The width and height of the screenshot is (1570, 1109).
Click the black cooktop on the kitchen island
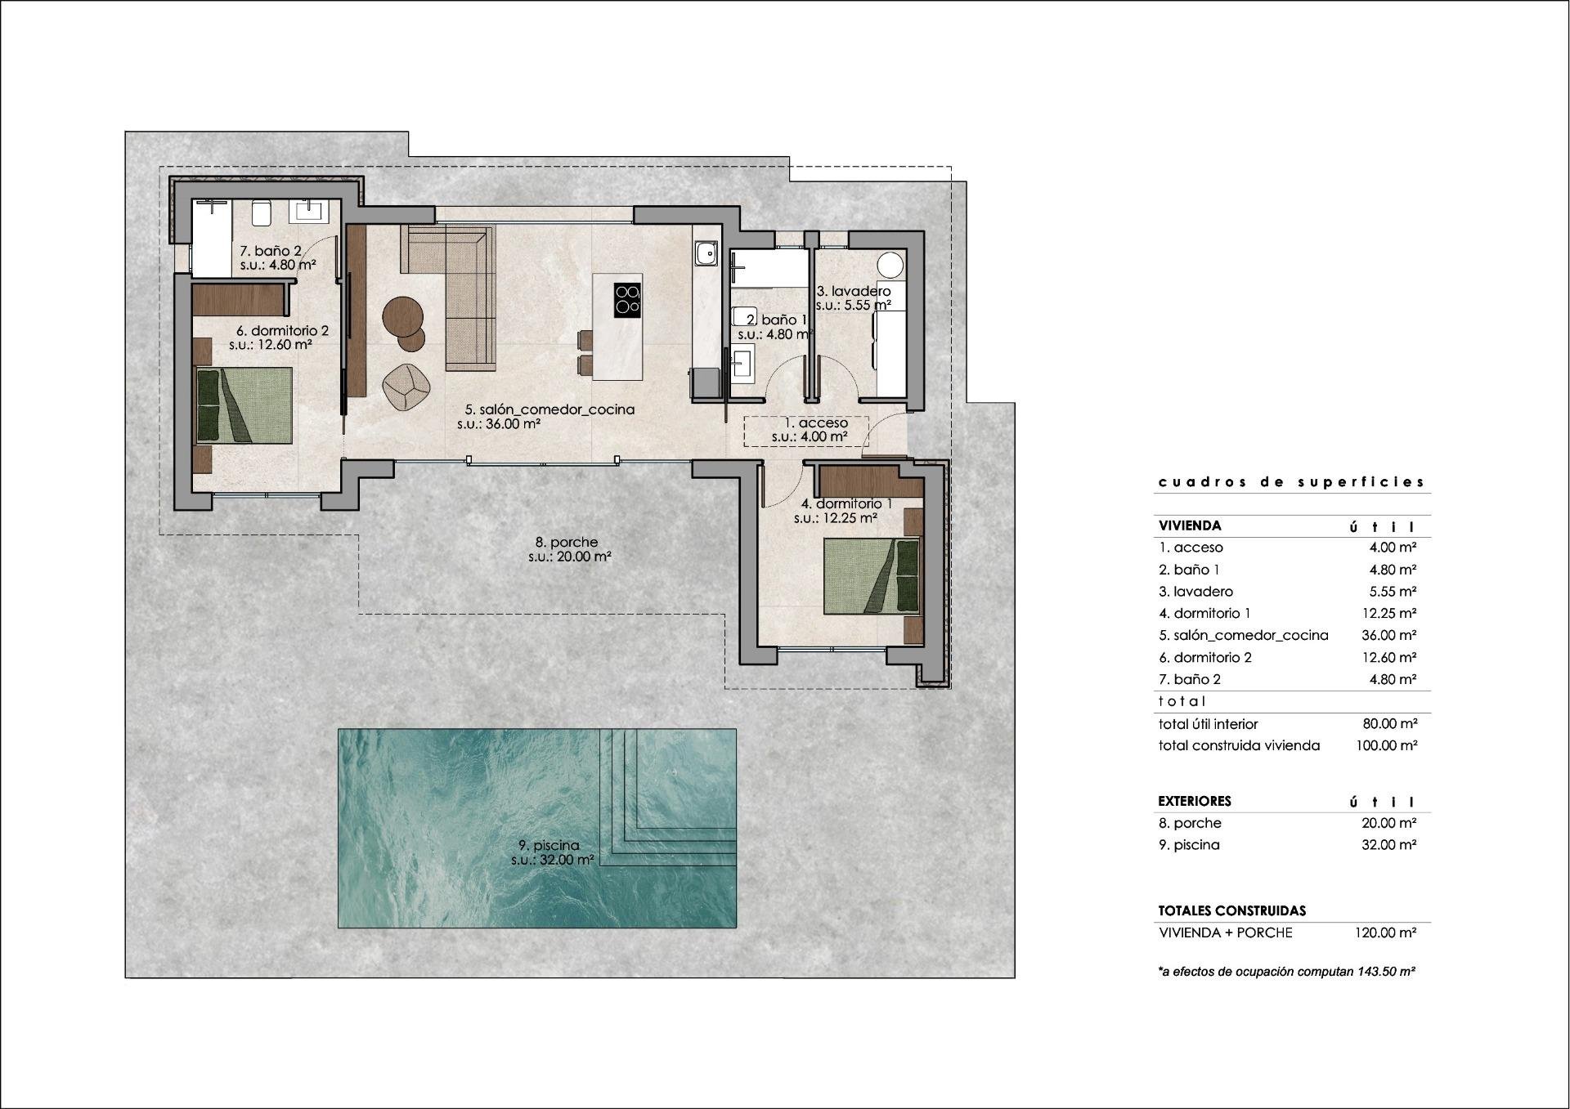point(627,299)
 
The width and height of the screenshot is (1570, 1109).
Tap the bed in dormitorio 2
point(244,405)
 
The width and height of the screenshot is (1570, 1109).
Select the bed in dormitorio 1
point(871,576)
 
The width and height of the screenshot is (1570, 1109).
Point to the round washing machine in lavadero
point(890,265)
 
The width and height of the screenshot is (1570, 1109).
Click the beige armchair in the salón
point(406,387)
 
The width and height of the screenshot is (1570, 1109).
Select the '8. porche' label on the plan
point(566,542)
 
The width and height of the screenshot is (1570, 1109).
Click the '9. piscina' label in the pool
point(549,846)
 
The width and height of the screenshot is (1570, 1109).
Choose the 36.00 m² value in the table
point(1388,635)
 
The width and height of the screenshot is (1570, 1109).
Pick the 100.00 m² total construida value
point(1386,745)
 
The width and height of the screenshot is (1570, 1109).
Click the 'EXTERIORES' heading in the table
point(1194,801)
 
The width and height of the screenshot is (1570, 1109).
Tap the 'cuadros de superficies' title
point(1291,482)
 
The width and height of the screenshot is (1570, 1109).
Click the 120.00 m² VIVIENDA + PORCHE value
point(1386,932)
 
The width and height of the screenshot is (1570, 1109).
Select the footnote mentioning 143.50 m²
point(1286,972)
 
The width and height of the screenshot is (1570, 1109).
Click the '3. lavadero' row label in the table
point(1195,592)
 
